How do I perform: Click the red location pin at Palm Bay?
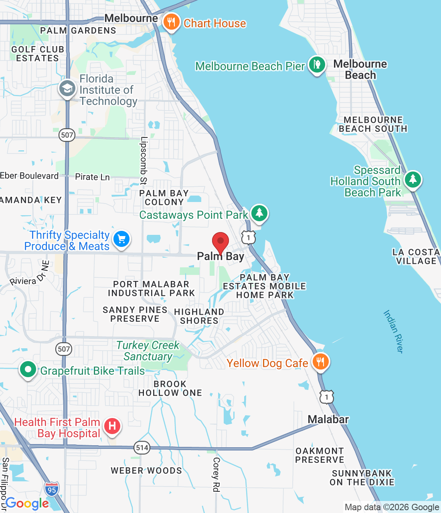220,242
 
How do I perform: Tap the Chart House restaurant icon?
171,22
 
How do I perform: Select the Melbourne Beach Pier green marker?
317,65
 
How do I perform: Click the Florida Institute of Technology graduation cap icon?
67,89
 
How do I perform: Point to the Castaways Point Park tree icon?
259,212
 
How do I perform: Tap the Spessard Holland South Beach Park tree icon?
413,179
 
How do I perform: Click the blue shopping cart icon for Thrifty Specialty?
121,239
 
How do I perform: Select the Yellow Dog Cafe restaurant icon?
320,362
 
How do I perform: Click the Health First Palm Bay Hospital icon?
112,426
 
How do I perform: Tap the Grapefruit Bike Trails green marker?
28,370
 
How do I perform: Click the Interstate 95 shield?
52,489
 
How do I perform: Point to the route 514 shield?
142,448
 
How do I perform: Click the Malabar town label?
328,420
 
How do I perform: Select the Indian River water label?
393,331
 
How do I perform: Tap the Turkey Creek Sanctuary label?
148,351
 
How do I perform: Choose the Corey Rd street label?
216,475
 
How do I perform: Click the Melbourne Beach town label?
360,69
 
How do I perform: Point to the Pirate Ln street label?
92,177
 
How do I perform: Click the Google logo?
27,503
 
